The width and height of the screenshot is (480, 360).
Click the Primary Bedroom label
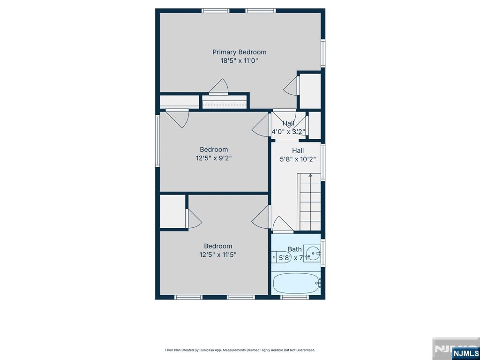point(240,52)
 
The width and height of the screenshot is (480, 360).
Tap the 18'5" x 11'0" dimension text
point(240,60)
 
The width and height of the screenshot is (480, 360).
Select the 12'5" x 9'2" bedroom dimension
point(214,158)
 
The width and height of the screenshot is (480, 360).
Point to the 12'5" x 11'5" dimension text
point(218,255)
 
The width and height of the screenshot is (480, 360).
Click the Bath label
point(294,249)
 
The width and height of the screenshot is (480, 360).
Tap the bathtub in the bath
point(296,283)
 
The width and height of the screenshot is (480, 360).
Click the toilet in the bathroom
point(281,257)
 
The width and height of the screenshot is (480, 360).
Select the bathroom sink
point(312,254)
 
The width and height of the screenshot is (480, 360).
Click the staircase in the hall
point(309,202)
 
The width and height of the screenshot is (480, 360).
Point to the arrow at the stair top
point(310,175)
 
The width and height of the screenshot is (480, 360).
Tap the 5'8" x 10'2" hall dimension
point(298,159)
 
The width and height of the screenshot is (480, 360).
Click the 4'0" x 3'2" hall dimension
point(288,132)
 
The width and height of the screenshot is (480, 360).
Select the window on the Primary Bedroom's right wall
point(322,53)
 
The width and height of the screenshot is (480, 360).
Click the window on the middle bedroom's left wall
point(157,141)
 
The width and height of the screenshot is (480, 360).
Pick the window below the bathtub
point(295,297)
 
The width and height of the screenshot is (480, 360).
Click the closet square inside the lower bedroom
point(172,211)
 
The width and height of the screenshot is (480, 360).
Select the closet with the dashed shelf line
point(225,102)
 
